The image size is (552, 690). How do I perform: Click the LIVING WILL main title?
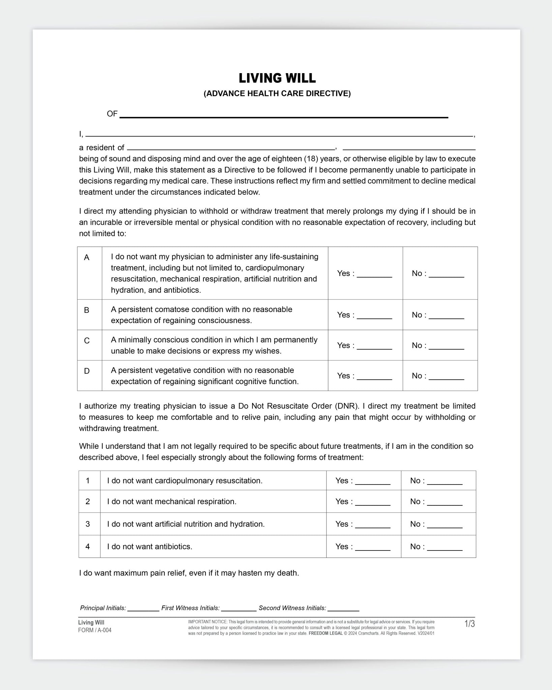coord(277,78)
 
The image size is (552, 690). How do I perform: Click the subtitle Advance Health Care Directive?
coord(277,94)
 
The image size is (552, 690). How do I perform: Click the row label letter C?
coord(87,341)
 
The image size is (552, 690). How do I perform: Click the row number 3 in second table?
coord(88,524)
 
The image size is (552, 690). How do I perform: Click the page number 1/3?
coord(469,624)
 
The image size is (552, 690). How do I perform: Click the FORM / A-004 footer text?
coord(95,630)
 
